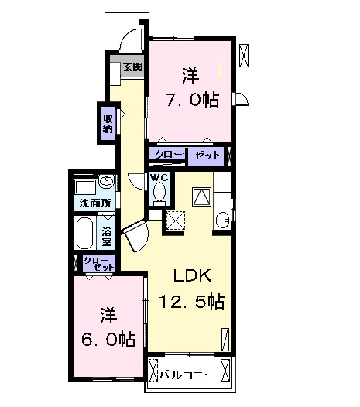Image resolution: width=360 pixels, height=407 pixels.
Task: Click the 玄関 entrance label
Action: coord(132,67)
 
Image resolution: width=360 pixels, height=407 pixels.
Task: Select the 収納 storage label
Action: coord(108,123)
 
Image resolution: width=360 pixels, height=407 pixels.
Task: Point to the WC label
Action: coord(159,177)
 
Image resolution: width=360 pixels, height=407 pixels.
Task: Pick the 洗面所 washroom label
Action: coord(94,203)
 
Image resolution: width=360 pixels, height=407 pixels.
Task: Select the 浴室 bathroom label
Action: coord(107,234)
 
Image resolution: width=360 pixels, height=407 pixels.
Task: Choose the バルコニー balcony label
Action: coord(188,375)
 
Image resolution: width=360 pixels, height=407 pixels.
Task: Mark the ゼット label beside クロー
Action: coord(207,156)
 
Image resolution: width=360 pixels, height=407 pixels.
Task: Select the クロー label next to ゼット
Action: coord(169,156)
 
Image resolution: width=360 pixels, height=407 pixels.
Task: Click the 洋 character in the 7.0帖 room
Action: coord(189,76)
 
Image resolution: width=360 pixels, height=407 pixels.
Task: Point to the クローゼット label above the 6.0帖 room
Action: coord(98,262)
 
